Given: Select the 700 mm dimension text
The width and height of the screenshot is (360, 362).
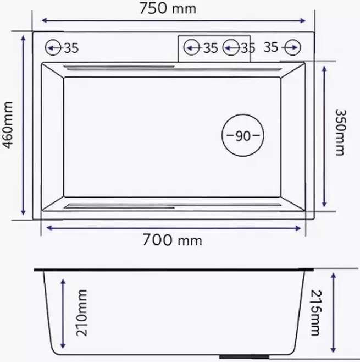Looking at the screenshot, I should [x=172, y=240].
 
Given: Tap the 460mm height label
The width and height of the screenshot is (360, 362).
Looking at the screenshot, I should [x=8, y=125].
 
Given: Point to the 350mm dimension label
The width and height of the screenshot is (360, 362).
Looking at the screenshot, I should [x=340, y=132].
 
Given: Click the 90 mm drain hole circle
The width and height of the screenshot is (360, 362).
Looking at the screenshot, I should [x=242, y=135].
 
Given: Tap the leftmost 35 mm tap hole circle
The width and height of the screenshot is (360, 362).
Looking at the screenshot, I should [x=54, y=48].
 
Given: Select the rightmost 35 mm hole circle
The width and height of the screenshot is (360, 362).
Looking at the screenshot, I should [x=291, y=48].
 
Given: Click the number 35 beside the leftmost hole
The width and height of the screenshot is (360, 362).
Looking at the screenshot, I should [x=71, y=48].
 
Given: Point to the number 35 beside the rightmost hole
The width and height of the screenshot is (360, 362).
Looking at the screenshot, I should [x=270, y=48].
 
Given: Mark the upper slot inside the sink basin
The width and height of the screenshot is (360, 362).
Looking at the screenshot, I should [x=121, y=68].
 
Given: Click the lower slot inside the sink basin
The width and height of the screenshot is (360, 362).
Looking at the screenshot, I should [x=121, y=206].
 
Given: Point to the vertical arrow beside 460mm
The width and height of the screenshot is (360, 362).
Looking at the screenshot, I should [x=23, y=125].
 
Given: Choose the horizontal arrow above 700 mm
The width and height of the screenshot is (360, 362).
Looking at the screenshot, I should [x=174, y=227].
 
